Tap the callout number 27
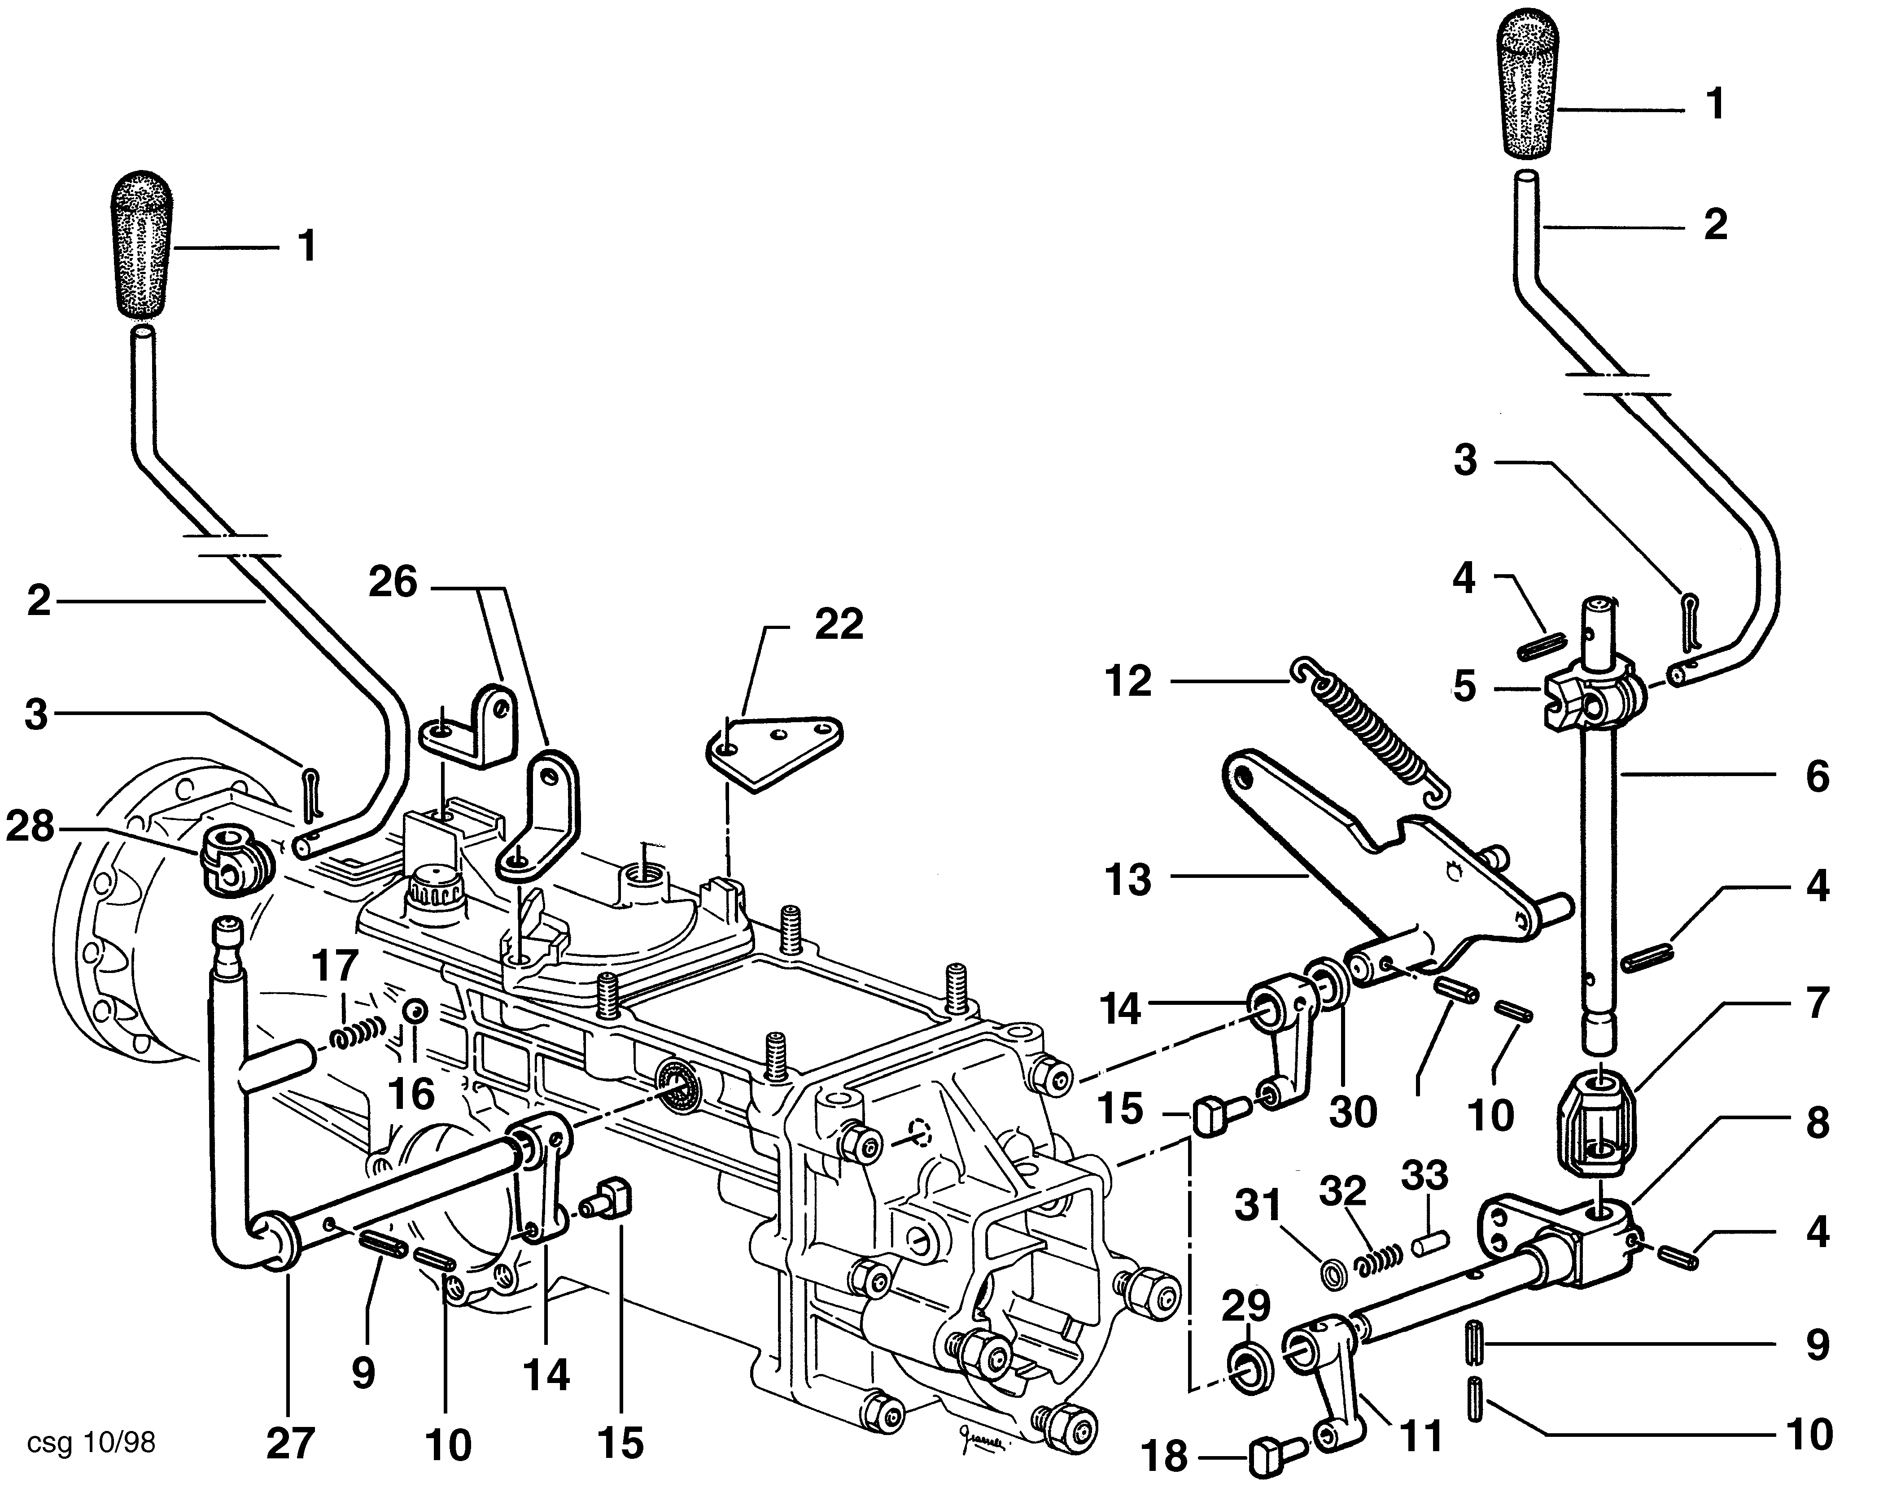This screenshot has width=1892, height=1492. point(289,1443)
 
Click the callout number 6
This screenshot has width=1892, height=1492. point(1817,776)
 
